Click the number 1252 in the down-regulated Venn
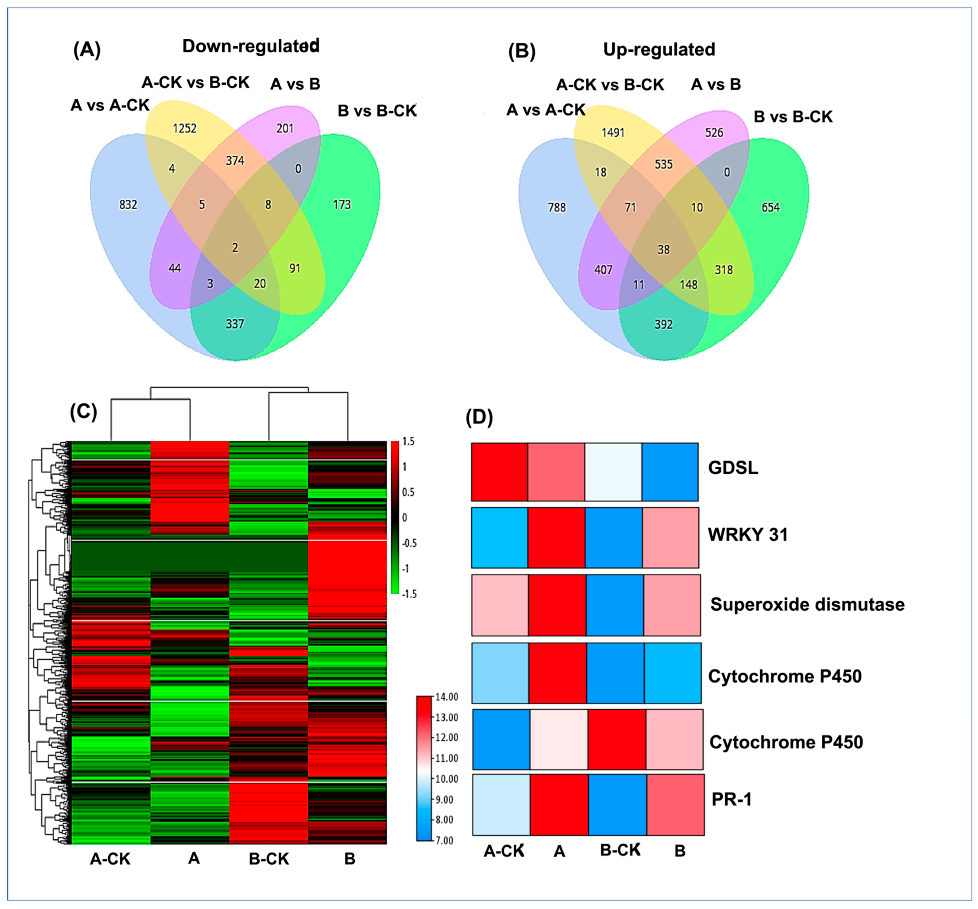[x=185, y=128]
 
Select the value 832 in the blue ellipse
[x=128, y=205]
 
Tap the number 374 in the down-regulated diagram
[x=235, y=161]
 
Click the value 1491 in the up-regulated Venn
[x=612, y=133]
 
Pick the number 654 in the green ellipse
[x=770, y=208]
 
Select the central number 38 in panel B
[x=663, y=250]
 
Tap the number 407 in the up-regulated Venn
[x=603, y=270]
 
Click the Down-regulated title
[x=251, y=46]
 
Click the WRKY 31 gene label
[x=747, y=535]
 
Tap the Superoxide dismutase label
[x=807, y=605]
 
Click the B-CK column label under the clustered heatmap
[x=269, y=859]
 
